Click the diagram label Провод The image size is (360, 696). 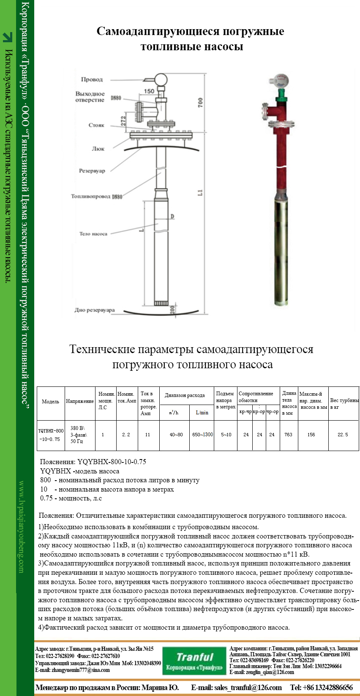(92, 79)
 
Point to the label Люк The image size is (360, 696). (98, 149)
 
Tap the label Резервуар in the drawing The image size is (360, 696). (92, 171)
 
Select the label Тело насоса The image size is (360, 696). (93, 234)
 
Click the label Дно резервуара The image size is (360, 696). (95, 310)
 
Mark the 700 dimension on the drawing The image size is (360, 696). (200, 102)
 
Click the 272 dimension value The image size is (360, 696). (123, 121)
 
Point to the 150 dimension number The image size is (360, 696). (149, 91)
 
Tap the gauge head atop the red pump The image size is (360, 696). (281, 79)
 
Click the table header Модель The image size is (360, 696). (50, 402)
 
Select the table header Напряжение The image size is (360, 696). (79, 401)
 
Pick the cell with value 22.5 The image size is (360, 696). (343, 435)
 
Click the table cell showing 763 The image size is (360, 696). (288, 435)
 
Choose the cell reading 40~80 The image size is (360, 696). (176, 435)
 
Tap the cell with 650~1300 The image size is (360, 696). (202, 435)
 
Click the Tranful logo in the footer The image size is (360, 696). (194, 661)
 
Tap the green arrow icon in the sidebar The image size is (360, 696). (8, 38)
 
